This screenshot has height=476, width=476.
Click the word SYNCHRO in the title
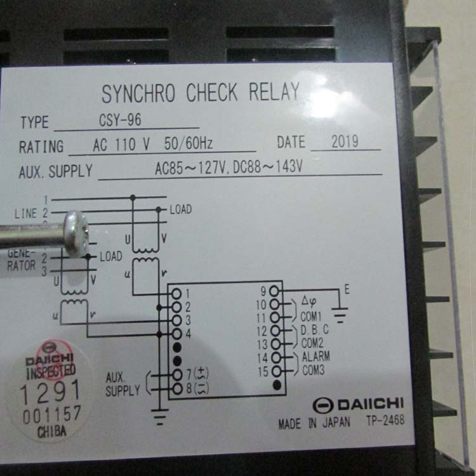point(138,93)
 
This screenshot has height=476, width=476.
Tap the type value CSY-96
point(120,119)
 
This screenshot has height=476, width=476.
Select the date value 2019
point(345,142)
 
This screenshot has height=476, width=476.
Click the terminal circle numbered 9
point(274,291)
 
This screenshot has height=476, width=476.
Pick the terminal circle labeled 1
point(176,294)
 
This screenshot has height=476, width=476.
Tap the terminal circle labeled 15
point(276,371)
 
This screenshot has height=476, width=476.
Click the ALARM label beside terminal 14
point(315,356)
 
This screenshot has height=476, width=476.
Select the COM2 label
point(312,343)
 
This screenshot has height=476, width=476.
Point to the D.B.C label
point(315,329)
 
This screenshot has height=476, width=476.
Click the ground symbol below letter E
point(340,315)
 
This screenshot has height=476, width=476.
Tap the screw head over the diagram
point(76,234)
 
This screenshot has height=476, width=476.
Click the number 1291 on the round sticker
point(50,392)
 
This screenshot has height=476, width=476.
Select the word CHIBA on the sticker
point(51,432)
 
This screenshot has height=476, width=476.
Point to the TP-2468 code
point(385,420)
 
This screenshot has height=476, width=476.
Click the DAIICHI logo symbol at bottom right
point(323,406)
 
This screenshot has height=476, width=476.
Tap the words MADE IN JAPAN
point(314,423)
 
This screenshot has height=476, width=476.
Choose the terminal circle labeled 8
point(177,388)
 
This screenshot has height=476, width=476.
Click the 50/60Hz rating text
point(188,143)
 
